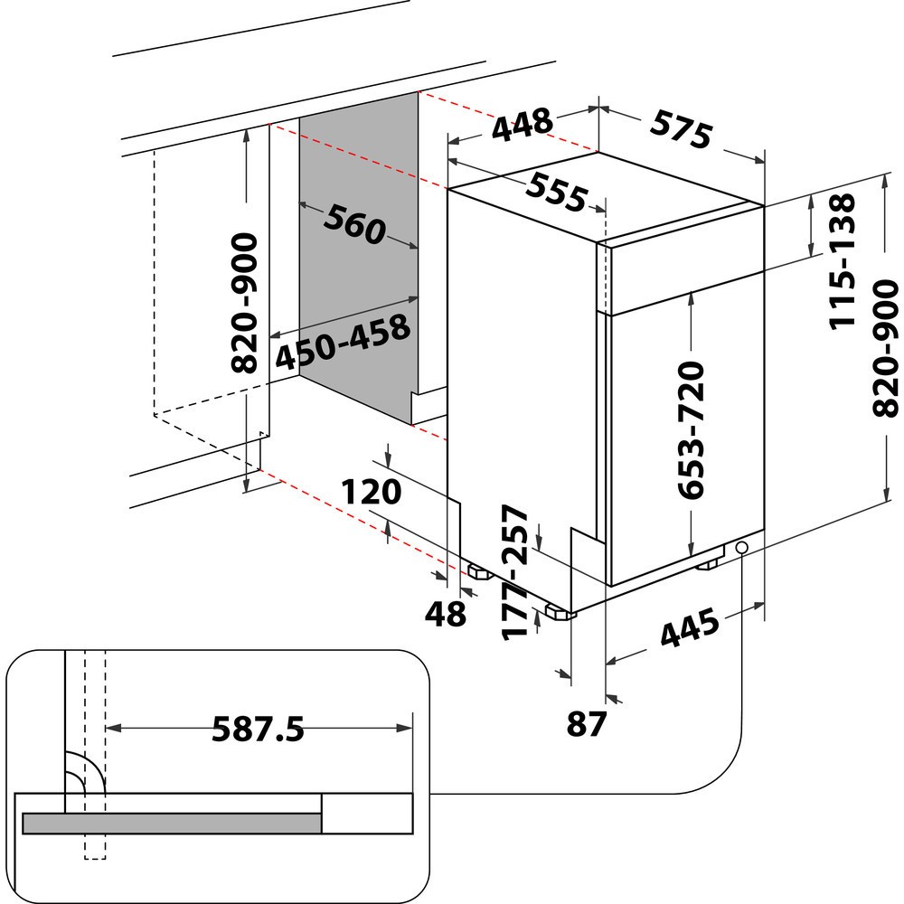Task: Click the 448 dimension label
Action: click(522, 126)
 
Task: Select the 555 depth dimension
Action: click(557, 192)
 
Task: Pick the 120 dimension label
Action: click(371, 493)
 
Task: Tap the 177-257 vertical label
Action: click(516, 571)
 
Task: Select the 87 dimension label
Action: click(586, 724)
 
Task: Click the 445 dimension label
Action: click(689, 631)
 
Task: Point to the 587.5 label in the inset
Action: click(258, 728)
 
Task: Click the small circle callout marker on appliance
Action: click(743, 549)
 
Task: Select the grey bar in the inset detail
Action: click(172, 822)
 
